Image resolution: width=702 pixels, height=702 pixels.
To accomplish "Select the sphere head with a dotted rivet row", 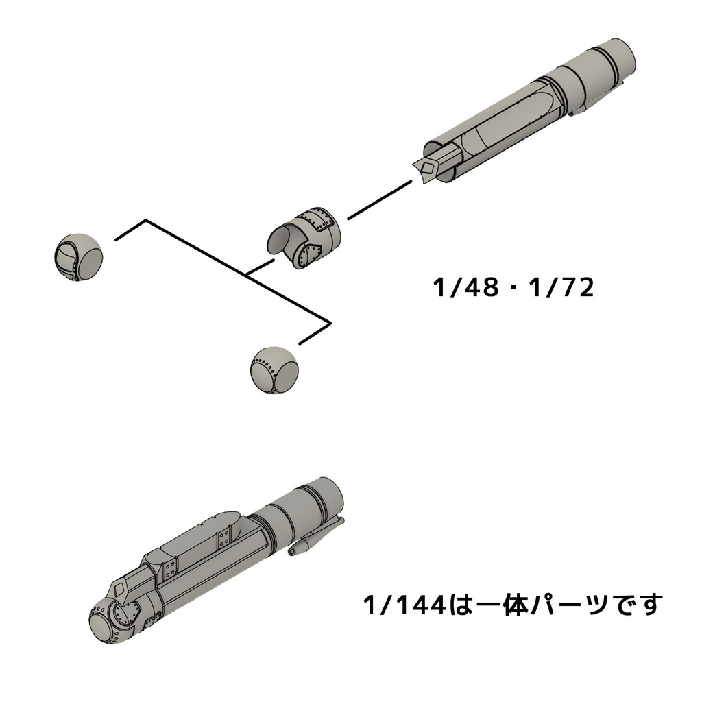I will click(275, 370).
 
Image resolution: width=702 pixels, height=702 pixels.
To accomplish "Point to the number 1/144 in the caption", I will click(405, 605).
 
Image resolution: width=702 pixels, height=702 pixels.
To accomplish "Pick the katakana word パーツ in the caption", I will click(562, 605).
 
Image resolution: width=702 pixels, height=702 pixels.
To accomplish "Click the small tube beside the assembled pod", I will click(317, 536).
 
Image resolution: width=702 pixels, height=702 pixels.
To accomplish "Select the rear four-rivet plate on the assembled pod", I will click(224, 540).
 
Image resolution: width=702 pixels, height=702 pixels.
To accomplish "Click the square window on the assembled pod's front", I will click(121, 587).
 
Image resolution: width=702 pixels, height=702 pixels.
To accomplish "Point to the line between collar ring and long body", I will click(378, 200).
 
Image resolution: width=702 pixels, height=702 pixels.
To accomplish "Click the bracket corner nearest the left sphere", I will click(145, 221).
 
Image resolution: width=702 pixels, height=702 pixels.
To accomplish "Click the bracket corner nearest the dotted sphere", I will click(330, 322).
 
